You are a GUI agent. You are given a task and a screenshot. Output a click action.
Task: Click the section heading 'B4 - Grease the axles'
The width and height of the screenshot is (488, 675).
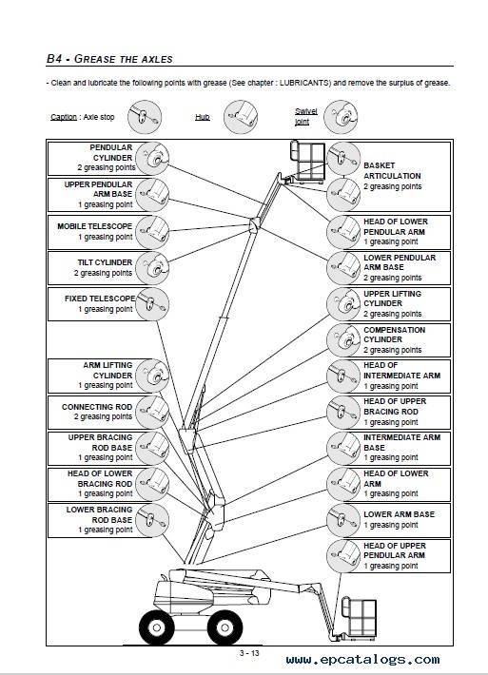(x=109, y=59)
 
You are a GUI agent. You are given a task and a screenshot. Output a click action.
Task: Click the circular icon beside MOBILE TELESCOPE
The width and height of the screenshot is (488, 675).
(x=152, y=232)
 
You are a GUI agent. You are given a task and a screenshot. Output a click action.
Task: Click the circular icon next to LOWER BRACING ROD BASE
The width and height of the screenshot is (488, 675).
(x=152, y=520)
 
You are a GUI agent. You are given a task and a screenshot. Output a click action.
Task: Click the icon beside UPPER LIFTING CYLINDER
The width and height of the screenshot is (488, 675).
(x=343, y=304)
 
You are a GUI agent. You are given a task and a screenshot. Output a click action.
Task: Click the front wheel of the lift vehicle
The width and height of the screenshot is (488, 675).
(x=224, y=627)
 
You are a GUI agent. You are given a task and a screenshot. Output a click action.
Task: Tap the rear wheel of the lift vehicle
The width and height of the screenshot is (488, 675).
(x=156, y=627)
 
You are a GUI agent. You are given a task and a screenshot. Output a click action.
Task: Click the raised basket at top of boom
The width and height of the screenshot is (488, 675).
(x=307, y=160)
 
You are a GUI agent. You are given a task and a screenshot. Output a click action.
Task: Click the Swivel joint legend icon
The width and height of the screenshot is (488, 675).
(x=341, y=117)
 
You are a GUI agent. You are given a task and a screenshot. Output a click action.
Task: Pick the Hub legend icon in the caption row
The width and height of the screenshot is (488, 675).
(x=241, y=117)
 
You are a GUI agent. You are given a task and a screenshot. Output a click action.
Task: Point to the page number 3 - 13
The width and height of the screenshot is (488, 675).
(x=249, y=653)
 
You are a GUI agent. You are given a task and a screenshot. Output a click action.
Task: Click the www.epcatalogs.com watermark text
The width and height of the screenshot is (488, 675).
(x=362, y=660)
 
